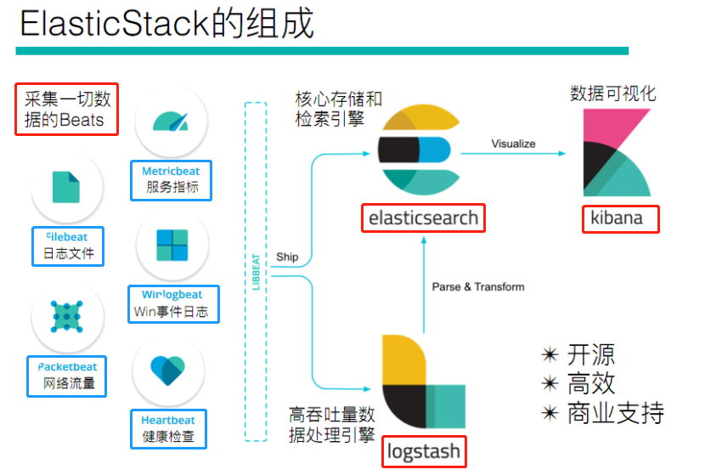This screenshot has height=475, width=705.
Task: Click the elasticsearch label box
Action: tap(424, 218)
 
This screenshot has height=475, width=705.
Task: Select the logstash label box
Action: tap(424, 450)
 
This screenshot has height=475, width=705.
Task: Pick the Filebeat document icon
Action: tap(66, 186)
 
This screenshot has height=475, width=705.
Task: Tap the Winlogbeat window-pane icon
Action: tap(172, 246)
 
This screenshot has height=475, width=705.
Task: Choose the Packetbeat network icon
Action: tap(66, 317)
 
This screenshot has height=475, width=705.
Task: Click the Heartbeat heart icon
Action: tap(167, 371)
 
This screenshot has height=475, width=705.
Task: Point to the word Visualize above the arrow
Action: tap(513, 144)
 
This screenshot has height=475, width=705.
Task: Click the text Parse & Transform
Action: tap(478, 286)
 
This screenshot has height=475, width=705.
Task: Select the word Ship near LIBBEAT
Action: tap(287, 257)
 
